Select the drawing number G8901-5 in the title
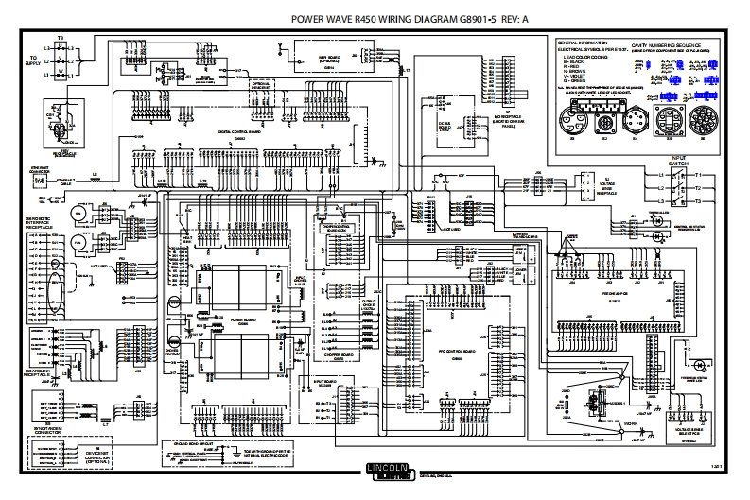tap(485, 18)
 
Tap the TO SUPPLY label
tap(32, 62)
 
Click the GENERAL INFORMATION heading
tap(581, 43)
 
